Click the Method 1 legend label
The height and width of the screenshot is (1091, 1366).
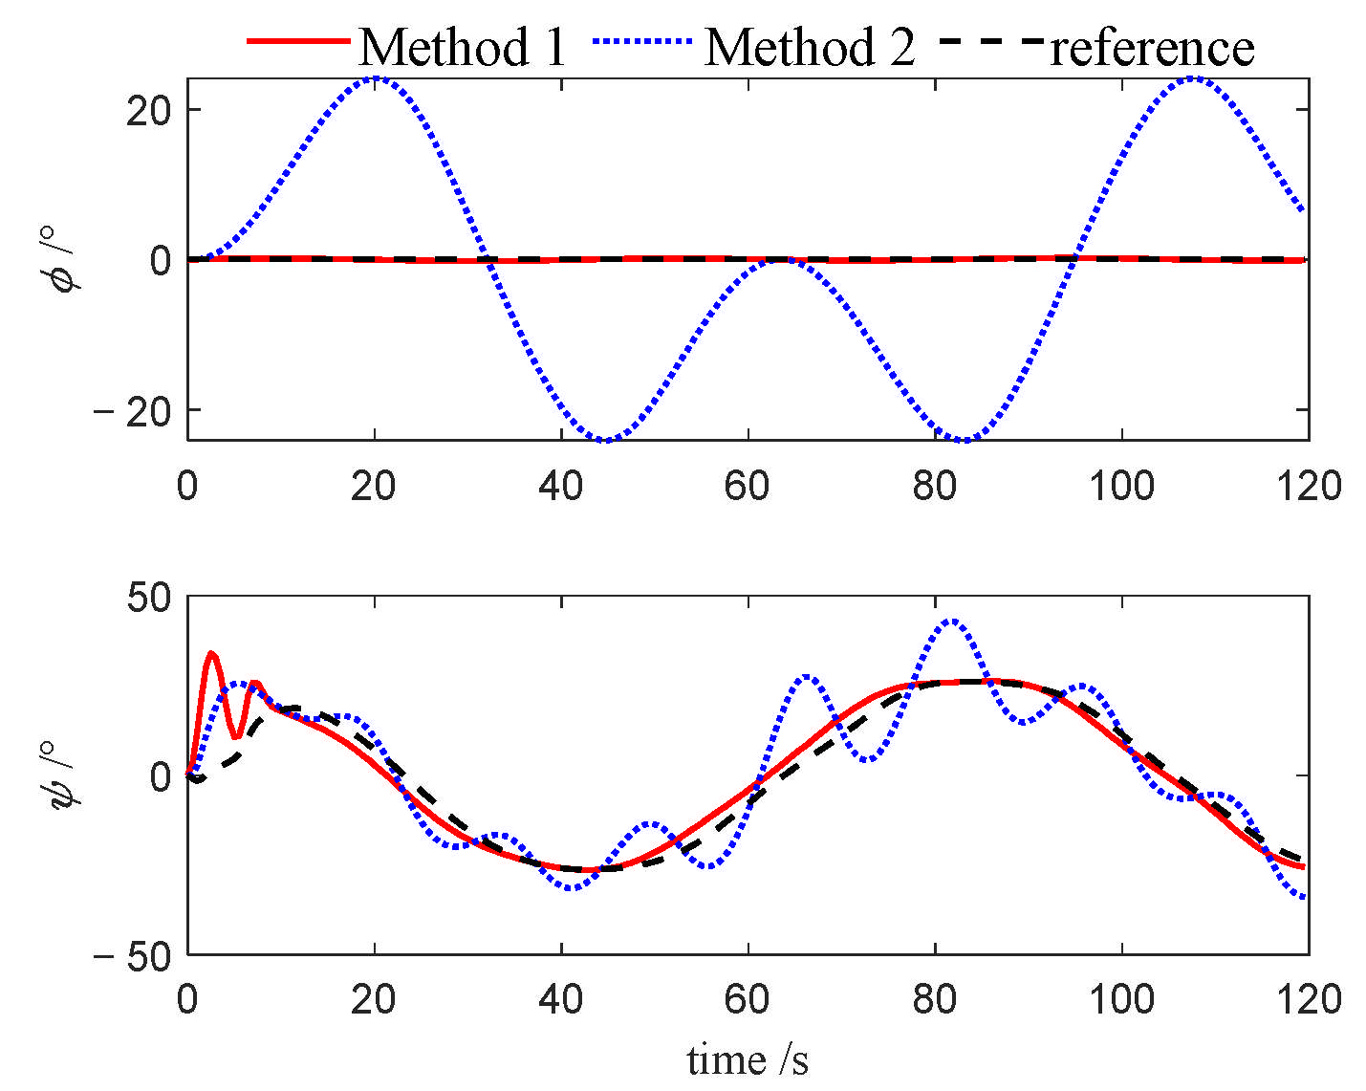click(463, 46)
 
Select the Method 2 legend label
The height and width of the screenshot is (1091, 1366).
click(809, 46)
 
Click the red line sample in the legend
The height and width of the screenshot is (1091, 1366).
click(298, 42)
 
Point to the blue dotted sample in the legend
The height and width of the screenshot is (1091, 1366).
click(643, 42)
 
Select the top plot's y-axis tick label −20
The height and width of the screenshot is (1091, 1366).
click(134, 411)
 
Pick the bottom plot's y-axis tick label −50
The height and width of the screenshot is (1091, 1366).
click(134, 956)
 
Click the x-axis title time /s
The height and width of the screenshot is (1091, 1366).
click(748, 1059)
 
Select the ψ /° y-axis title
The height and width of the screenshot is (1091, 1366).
click(68, 775)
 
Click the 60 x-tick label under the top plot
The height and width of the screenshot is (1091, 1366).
click(747, 486)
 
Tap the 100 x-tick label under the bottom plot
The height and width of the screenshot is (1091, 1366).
click(1120, 1000)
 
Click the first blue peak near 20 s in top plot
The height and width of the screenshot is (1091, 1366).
click(375, 77)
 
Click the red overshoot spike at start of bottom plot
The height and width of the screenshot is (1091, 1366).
click(211, 654)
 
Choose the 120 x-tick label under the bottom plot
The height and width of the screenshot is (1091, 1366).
click(1308, 1000)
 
